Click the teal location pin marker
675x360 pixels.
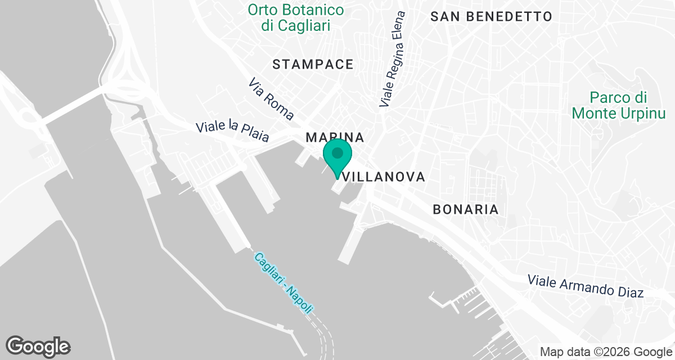(337, 156)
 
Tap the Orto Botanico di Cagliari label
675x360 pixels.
(296, 17)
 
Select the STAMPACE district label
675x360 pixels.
(313, 65)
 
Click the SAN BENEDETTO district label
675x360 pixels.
(491, 16)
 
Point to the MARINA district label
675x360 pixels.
(335, 137)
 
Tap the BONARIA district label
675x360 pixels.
(465, 210)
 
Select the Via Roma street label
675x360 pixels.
(271, 100)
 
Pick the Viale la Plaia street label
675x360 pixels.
(232, 131)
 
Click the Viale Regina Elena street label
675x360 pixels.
(393, 58)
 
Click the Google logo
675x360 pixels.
(38, 346)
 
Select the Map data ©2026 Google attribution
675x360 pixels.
(605, 352)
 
